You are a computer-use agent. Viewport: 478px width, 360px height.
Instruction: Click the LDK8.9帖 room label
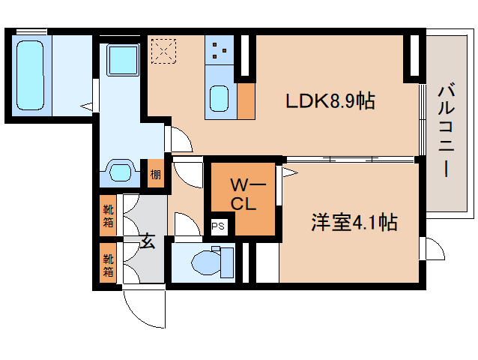[x=330, y=100]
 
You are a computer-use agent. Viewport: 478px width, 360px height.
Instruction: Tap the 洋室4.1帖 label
[x=354, y=222]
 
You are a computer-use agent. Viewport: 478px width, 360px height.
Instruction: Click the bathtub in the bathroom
[x=32, y=74]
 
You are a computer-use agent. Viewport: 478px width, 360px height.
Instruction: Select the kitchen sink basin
[x=220, y=97]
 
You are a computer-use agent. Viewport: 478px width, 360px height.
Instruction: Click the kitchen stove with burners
[x=220, y=49]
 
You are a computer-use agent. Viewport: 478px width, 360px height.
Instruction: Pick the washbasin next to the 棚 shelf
[x=121, y=172]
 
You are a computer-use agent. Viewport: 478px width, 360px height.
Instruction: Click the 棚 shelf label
[x=155, y=175]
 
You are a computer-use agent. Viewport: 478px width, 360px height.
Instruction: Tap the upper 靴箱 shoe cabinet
[x=108, y=215]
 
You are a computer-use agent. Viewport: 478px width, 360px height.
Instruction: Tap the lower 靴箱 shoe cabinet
[x=108, y=263]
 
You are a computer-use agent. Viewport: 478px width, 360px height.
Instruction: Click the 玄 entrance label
[x=148, y=242]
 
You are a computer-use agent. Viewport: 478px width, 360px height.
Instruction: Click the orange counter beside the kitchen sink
[x=246, y=100]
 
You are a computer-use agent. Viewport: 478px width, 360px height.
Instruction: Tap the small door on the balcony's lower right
[x=432, y=248]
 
